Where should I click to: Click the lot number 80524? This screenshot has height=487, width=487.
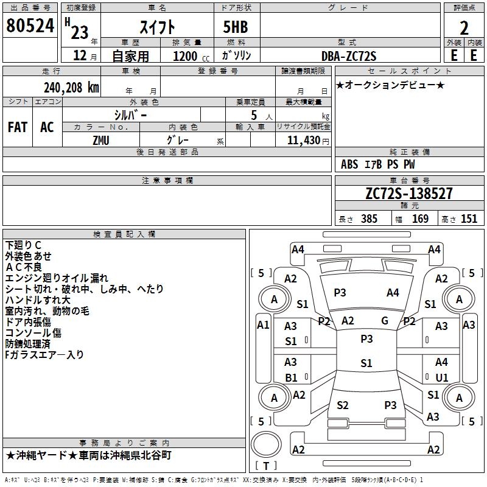coord(30,26)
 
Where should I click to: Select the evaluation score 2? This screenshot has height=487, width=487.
coord(464,28)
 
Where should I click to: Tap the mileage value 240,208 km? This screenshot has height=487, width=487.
coord(71,88)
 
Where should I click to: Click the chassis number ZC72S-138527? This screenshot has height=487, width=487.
coord(409,193)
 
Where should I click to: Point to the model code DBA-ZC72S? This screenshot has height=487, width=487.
coord(349,56)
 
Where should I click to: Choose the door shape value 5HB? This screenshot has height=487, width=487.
coord(236,27)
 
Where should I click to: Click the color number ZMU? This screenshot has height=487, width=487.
coord(101,141)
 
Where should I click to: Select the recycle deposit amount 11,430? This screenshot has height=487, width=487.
coord(304,141)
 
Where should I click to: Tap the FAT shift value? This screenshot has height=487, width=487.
coord(18,127)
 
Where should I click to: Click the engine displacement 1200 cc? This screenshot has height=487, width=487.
coord(191,56)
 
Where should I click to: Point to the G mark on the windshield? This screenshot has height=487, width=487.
coord(385,321)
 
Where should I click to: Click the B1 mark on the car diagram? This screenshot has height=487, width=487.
coord(291,377)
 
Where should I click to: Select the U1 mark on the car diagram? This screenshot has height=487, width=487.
coord(442,377)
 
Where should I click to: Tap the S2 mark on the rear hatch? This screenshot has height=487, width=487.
coord(343,405)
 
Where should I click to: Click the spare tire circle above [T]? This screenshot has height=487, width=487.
coord(266,444)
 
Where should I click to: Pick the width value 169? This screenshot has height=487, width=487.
coord(420,219)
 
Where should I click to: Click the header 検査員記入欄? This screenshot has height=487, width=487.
coord(124,234)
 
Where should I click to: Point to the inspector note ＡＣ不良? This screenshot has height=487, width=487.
coord(24,267)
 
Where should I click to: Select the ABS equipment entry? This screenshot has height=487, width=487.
coord(349,164)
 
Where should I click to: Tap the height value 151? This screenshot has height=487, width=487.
coord(469,219)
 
